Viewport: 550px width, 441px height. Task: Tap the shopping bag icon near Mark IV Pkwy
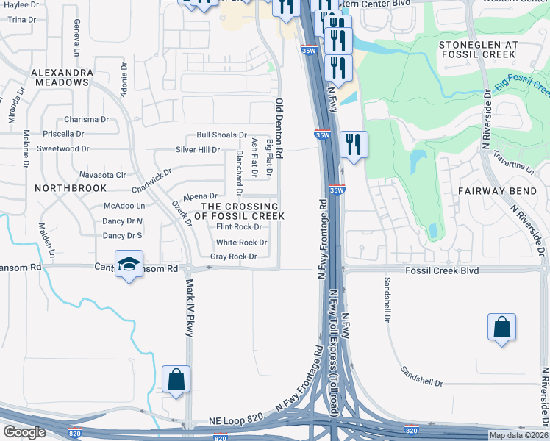176,379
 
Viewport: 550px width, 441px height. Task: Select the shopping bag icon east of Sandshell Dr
501,327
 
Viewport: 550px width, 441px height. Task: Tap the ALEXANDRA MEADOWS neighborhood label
62,78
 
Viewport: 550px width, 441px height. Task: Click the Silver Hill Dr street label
198,150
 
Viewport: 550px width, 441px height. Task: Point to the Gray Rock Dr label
233,257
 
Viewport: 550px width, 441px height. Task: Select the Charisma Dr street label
87,119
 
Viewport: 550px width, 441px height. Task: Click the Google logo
24,432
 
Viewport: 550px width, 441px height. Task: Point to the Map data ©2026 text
519,435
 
